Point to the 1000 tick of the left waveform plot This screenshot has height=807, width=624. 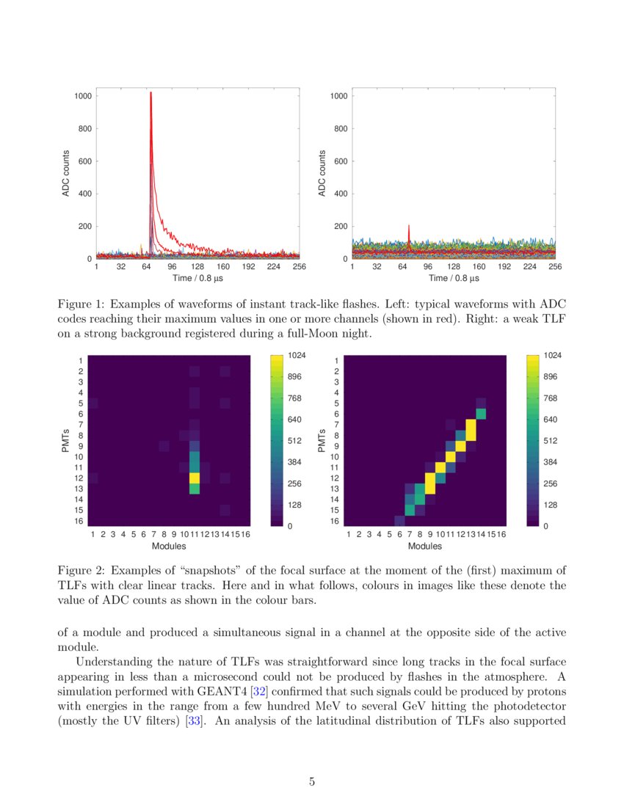tap(83, 96)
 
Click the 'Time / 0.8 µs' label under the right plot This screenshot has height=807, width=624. tap(453, 278)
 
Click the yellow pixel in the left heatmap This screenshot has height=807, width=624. tap(195, 478)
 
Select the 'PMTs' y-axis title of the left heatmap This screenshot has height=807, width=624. tap(65, 439)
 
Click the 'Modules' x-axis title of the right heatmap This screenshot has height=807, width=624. tap(425, 546)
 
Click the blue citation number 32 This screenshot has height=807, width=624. tap(258, 691)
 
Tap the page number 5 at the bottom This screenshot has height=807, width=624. tap(312, 781)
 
